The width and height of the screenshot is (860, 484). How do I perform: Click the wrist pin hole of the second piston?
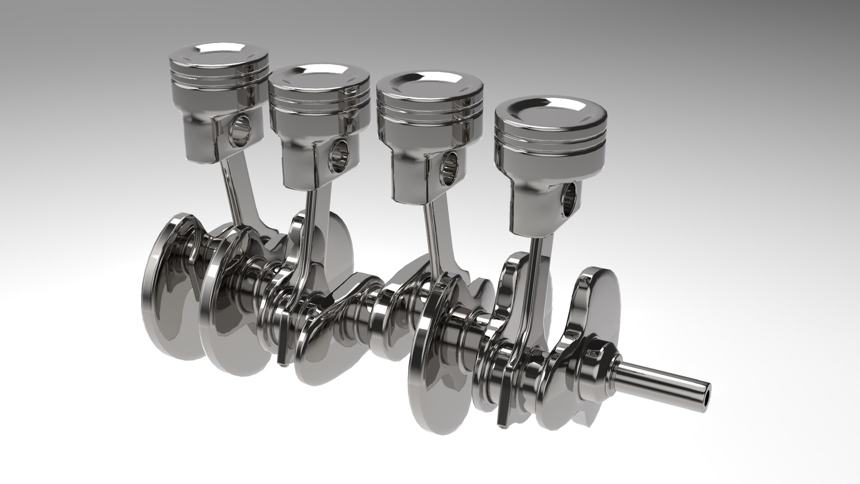[x=339, y=154]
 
